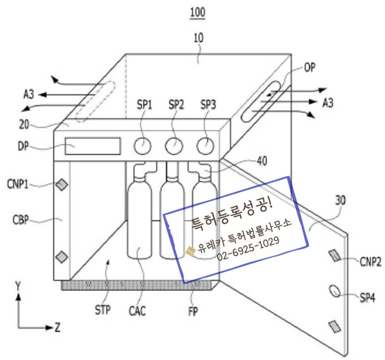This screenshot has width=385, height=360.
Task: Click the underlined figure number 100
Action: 198,12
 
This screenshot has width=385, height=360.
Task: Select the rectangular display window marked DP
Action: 92,146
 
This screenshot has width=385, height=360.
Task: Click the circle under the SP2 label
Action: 174,146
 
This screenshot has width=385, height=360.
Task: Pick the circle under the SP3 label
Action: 205,146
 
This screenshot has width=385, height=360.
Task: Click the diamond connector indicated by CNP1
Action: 62,185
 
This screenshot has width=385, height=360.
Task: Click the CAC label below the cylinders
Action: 137,311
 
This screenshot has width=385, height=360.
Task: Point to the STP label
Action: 102,310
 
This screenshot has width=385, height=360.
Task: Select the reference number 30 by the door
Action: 340,201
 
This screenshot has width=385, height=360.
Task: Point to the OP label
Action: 311,68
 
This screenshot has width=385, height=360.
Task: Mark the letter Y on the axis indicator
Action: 17,286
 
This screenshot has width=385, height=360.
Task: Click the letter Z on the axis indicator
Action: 57,328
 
